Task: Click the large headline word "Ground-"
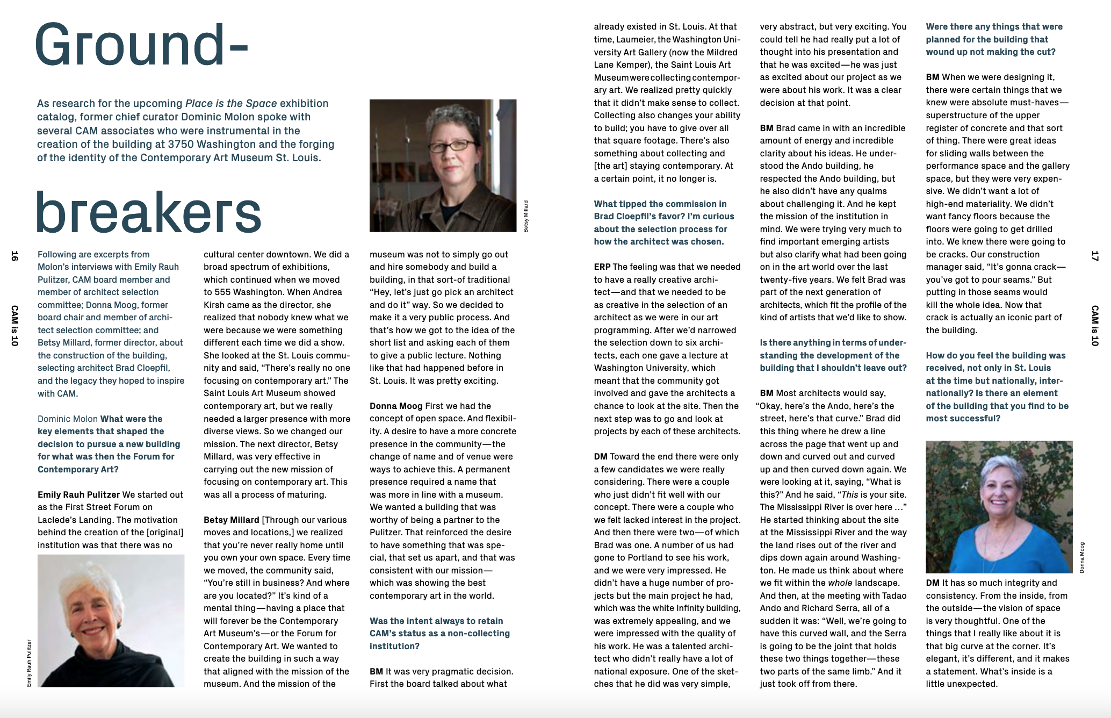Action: pos(141,46)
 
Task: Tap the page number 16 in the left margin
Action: pos(15,256)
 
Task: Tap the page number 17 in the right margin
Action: pos(1094,256)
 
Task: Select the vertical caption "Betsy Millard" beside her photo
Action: pos(526,216)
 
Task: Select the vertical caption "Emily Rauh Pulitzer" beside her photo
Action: pos(29,663)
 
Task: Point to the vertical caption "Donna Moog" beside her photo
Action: pos(1081,557)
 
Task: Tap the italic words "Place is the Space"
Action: pos(231,103)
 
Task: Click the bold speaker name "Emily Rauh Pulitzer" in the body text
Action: pos(78,494)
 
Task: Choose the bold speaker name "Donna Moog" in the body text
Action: pos(396,406)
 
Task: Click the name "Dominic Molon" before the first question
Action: pos(68,419)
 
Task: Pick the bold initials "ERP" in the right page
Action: pos(602,267)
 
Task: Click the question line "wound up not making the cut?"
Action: pos(990,52)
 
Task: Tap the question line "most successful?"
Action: pos(963,418)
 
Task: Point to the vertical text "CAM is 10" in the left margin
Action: pos(15,326)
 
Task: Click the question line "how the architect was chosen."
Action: pos(659,241)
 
